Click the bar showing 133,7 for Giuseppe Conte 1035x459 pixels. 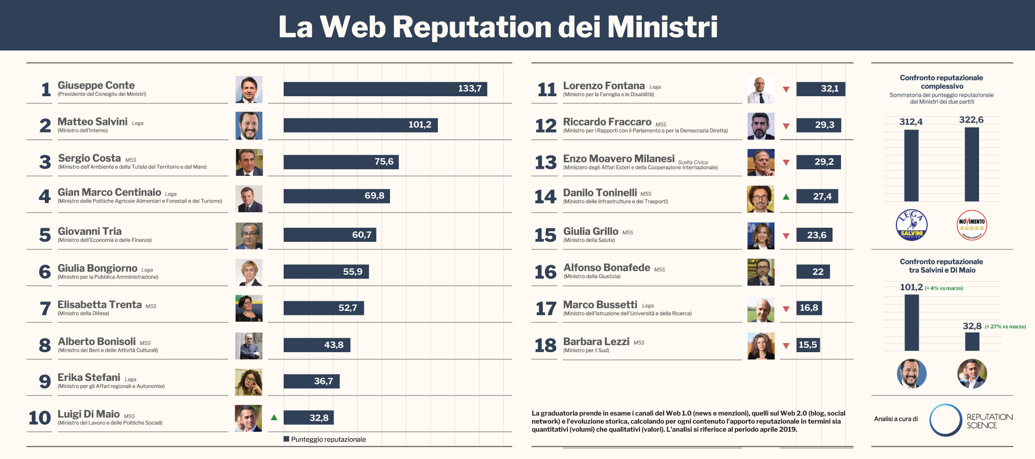point(385,89)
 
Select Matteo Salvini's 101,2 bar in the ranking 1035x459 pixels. point(360,125)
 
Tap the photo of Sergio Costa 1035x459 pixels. point(249,162)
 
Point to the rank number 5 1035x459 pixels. point(45,235)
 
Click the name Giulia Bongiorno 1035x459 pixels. point(97,268)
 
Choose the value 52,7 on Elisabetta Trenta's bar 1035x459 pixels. point(348,308)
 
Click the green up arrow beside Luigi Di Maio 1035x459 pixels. point(274,417)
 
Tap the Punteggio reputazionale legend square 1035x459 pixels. point(286,439)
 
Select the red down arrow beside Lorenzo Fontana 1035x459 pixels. point(786,90)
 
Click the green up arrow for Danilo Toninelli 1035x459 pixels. point(786,196)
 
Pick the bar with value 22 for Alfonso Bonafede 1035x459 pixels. point(813,272)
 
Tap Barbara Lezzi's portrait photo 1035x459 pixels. point(761,346)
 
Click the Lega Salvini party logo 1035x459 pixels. point(912,225)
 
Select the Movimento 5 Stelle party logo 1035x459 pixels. point(972,225)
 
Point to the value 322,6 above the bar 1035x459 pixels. point(971,120)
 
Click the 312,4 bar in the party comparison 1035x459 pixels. point(911,166)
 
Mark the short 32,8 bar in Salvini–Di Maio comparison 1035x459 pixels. point(972,342)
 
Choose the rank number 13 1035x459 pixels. point(546,162)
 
